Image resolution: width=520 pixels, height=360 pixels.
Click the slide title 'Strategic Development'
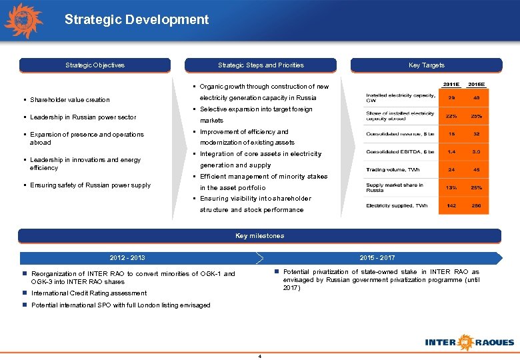[x=137, y=19]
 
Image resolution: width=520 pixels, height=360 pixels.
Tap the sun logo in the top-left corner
[x=24, y=21]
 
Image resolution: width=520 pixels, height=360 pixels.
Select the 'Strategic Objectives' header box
[x=95, y=65]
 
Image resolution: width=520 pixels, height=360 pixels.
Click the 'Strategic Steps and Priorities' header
[x=261, y=65]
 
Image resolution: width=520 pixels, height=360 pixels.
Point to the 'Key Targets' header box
[x=426, y=65]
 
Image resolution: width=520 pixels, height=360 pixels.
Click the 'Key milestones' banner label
[x=259, y=236]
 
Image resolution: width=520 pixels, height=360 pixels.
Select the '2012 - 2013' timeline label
[x=127, y=258]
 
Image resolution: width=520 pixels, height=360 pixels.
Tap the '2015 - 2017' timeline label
[x=377, y=258]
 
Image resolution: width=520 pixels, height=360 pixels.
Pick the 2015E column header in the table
[x=477, y=85]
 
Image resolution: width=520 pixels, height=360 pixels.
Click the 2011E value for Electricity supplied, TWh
[x=452, y=206]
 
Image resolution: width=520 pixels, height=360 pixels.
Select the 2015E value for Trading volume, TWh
[x=477, y=169]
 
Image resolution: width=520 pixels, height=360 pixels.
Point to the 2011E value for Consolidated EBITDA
[x=452, y=152]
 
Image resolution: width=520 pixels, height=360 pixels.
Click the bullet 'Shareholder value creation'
[x=70, y=100]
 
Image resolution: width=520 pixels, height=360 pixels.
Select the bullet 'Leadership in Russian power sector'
[x=83, y=117]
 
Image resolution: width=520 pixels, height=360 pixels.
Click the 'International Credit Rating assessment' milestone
[x=89, y=293]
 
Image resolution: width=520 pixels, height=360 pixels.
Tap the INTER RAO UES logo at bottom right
[x=469, y=342]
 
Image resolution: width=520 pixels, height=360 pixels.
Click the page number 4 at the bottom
[x=259, y=355]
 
